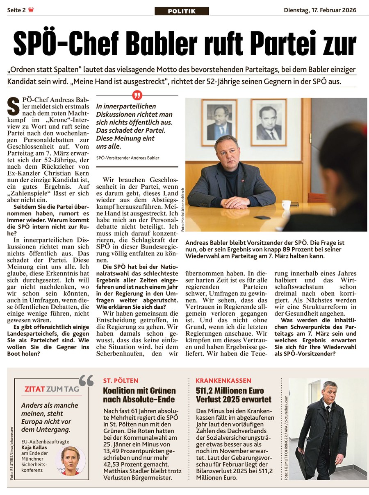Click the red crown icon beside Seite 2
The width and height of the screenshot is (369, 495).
click(x=31, y=10)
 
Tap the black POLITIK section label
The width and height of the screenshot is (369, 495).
click(x=182, y=11)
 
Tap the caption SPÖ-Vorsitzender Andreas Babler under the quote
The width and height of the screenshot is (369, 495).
click(x=128, y=158)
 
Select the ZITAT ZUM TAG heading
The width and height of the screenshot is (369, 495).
click(x=52, y=389)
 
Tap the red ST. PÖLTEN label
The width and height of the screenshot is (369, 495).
click(x=121, y=381)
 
